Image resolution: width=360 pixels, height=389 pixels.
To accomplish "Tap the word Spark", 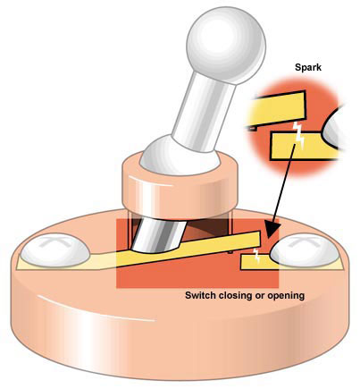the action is [308, 67].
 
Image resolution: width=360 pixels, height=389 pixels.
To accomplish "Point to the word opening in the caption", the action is [286, 296].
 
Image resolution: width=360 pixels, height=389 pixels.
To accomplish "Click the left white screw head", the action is [55, 249].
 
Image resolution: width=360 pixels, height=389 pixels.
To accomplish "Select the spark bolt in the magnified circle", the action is [298, 136].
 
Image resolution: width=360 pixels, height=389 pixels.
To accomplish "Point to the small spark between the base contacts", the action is [255, 255].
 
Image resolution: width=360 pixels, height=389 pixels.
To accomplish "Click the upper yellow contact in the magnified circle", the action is [277, 109].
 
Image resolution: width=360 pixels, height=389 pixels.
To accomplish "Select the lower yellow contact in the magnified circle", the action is [301, 146].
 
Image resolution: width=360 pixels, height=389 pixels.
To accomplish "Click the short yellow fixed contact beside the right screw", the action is [256, 263].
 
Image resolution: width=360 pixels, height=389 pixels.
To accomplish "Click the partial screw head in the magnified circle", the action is [333, 130].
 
